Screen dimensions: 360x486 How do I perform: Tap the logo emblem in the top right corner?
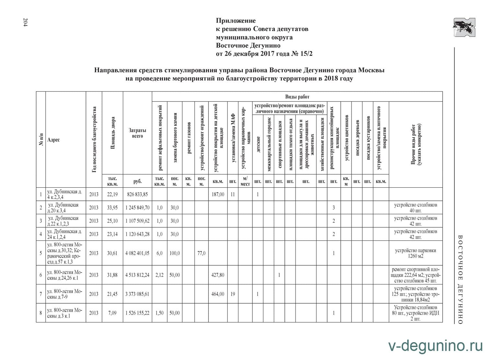coord(464,27)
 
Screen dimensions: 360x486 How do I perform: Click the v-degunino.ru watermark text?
coord(435,346)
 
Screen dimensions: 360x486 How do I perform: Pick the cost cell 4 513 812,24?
coord(137,275)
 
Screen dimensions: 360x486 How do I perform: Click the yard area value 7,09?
coord(112,313)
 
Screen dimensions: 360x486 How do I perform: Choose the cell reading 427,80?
coord(217,275)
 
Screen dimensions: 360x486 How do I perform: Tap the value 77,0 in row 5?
coord(201,253)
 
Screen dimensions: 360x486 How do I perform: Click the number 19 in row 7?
coord(233,294)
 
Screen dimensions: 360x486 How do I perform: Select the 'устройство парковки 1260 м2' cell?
coord(415,253)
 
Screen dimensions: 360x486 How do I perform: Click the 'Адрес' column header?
coord(54,140)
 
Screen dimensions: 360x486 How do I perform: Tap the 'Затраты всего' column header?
coord(137,133)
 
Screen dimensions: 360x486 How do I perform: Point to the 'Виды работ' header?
coord(297,97)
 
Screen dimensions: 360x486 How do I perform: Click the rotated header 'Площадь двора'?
coord(113,133)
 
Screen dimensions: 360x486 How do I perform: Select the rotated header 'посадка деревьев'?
coord(357,138)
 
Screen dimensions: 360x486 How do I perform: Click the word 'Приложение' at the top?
coord(236,21)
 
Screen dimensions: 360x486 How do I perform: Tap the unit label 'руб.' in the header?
coord(137,181)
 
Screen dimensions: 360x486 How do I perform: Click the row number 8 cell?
coord(41,313)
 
